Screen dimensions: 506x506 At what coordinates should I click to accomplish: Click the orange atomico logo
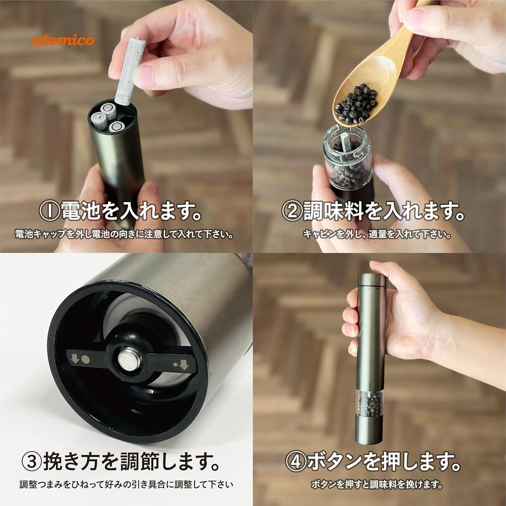click(63, 40)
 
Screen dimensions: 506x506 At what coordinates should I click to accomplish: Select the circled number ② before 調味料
click(292, 212)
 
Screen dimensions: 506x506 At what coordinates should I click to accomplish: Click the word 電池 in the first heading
click(81, 211)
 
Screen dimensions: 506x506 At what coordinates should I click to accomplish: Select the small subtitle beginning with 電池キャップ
click(124, 234)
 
